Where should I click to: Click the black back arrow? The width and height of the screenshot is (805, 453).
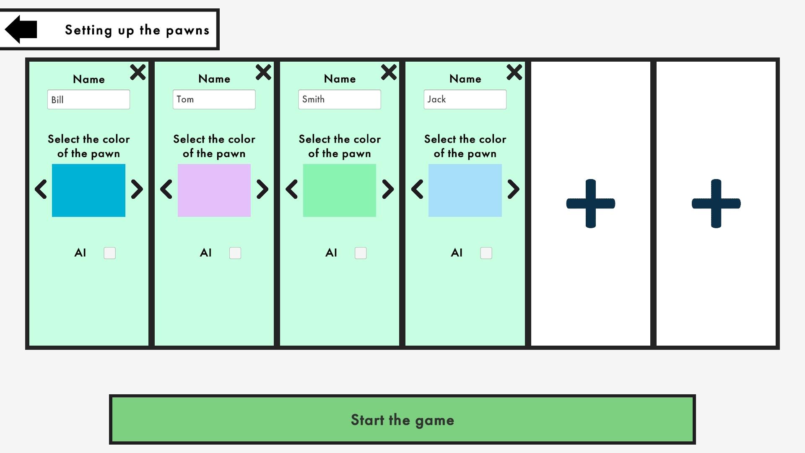(21, 29)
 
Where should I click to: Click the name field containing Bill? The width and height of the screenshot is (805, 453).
(88, 99)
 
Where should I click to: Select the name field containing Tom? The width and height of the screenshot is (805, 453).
(214, 99)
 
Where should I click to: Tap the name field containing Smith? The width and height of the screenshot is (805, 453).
(340, 99)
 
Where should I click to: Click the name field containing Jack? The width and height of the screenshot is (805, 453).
(465, 99)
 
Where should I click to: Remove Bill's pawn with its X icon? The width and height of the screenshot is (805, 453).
(138, 72)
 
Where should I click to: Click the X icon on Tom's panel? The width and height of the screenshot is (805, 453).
(263, 72)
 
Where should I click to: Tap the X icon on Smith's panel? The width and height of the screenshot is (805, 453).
(389, 72)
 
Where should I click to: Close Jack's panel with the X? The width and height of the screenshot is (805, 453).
(514, 72)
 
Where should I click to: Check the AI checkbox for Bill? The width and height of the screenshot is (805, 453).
(109, 253)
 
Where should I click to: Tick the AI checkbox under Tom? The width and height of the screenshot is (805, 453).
(235, 253)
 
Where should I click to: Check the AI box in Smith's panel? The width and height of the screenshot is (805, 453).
(361, 253)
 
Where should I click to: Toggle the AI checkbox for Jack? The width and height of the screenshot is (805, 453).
(486, 253)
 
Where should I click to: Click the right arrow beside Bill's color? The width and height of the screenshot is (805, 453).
(137, 189)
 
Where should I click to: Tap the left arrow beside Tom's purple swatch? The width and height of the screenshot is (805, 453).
(166, 189)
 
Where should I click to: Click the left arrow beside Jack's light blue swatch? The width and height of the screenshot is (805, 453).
(417, 189)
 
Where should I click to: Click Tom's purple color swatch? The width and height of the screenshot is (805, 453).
(214, 190)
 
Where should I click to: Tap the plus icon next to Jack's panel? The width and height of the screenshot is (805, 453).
(591, 203)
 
